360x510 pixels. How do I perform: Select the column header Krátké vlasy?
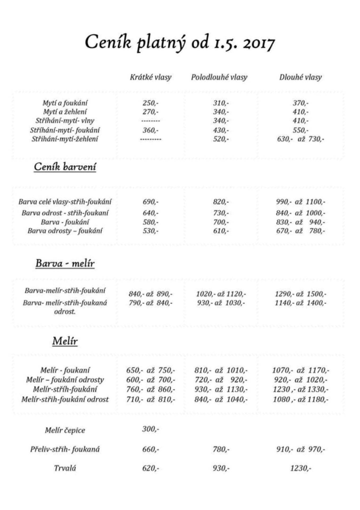(x=151, y=77)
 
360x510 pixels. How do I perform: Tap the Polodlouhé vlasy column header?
(x=219, y=77)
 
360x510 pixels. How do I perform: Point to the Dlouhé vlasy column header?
(x=300, y=77)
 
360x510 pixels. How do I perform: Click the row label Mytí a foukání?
(x=65, y=103)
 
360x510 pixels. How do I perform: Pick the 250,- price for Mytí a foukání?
(x=151, y=103)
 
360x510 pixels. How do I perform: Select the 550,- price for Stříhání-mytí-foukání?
(x=300, y=130)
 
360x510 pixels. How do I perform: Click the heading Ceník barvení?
(x=65, y=167)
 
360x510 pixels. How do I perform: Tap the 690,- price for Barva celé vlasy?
(x=151, y=202)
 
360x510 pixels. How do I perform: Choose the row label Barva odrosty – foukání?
(x=65, y=231)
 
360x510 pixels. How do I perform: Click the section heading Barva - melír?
(x=65, y=263)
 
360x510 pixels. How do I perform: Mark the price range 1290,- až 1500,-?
(x=300, y=294)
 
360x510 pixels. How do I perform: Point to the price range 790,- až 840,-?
(x=151, y=303)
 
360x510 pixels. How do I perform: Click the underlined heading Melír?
(x=65, y=341)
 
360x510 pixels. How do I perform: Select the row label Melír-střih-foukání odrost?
(x=65, y=399)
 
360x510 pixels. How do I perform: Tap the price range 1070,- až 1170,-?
(x=300, y=370)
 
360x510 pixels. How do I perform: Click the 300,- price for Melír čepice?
(x=151, y=429)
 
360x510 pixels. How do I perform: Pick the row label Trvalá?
(x=65, y=468)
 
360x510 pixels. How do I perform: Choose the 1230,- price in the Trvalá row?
(x=300, y=468)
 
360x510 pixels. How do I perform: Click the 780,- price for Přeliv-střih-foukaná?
(x=221, y=449)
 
